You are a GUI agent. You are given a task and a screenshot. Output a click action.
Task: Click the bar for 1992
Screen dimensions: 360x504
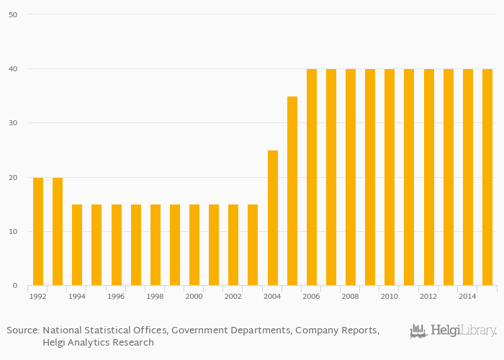[38, 231]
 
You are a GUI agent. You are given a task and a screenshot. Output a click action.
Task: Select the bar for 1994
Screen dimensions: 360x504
[77, 245]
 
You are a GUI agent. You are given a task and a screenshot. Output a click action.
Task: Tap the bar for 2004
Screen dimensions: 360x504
[273, 217]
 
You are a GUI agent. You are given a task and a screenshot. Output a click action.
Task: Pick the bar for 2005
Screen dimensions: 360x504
[292, 191]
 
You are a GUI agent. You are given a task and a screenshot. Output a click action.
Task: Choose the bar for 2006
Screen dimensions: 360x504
[312, 177]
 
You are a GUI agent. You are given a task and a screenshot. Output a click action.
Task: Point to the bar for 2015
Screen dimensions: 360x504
[487, 177]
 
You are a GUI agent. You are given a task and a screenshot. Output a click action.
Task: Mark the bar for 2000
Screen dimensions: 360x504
[194, 245]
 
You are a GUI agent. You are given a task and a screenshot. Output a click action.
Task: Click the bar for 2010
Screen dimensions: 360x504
[390, 177]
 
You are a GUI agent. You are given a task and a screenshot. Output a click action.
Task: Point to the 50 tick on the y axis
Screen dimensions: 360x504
[13, 14]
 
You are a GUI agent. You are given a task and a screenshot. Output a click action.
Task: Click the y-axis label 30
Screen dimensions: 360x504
[13, 123]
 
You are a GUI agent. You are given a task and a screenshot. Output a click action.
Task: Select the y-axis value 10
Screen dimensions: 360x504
[13, 232]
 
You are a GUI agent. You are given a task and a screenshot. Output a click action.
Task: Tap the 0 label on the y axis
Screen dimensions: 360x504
[15, 286]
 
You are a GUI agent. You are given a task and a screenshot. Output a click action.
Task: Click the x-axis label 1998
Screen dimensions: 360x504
[155, 296]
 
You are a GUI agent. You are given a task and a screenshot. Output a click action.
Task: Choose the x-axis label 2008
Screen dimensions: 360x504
[350, 296]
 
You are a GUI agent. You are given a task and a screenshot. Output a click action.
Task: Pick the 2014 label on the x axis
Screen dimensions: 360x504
[467, 296]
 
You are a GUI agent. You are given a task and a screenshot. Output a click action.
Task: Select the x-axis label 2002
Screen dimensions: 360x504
[233, 296]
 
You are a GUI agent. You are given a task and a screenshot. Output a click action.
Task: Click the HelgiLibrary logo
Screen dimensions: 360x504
[453, 331]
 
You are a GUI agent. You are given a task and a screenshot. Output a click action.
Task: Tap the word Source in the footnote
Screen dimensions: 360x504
[22, 330]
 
